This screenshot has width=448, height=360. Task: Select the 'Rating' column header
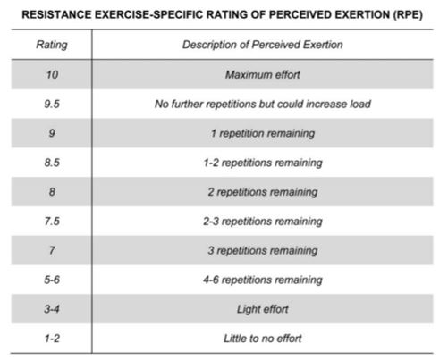tap(53, 46)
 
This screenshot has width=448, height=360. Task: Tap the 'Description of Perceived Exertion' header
tap(262, 46)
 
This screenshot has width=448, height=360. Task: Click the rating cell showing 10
tap(53, 75)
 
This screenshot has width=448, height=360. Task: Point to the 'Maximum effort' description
tap(262, 75)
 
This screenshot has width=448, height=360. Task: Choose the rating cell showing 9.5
tap(53, 105)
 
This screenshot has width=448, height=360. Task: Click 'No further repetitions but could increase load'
tap(262, 105)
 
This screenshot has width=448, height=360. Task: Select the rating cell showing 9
tap(53, 134)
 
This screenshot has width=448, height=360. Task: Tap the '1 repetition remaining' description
tap(262, 134)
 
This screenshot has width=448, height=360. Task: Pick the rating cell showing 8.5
tap(53, 163)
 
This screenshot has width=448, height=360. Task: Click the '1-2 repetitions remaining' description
tap(262, 163)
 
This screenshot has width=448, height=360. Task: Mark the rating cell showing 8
tap(53, 193)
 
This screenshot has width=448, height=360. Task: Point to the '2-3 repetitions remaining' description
tap(262, 222)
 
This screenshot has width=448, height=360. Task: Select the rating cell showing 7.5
tap(53, 222)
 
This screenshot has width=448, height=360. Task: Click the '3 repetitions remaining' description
tap(262, 251)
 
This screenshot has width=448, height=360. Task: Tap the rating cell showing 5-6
tap(53, 280)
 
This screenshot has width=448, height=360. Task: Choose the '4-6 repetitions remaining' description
tap(262, 280)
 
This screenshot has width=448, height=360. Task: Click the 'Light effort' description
tap(262, 310)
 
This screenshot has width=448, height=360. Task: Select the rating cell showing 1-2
tap(53, 339)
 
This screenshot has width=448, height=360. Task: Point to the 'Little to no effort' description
tap(262, 339)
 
